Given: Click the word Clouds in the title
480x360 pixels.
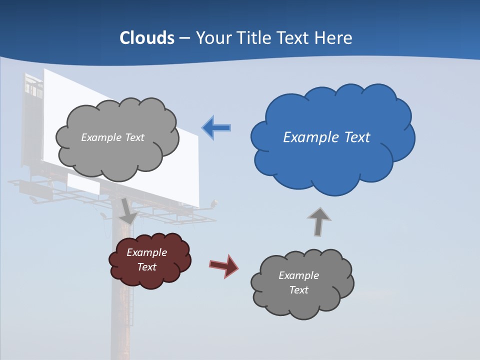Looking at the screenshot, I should click(146, 38).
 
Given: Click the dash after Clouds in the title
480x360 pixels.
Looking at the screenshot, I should click(184, 38).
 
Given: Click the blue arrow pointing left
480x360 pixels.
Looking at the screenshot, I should click(216, 128).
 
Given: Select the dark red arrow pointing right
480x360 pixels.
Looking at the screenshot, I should click(224, 265).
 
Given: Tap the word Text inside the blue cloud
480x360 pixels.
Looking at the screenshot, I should click(357, 137).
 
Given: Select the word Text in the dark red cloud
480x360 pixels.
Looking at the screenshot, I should click(146, 267).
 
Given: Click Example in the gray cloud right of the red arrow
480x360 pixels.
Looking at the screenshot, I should click(298, 275).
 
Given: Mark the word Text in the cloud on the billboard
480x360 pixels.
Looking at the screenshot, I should click(133, 137).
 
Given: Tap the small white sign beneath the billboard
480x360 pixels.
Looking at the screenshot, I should click(83, 184).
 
